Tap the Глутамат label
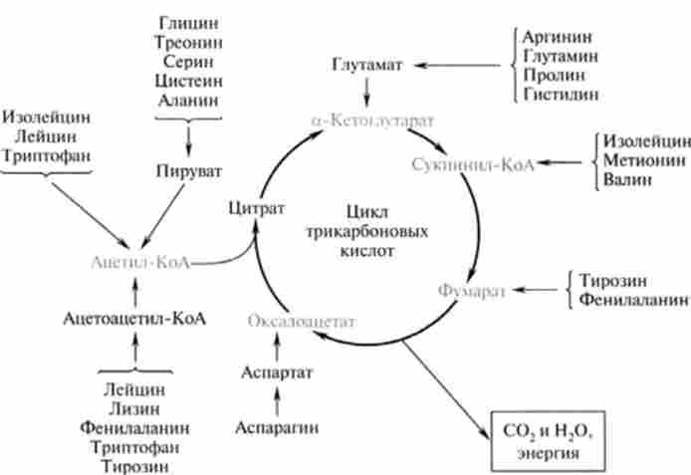(368, 66)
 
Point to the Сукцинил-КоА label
(473, 163)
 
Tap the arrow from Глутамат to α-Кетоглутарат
(368, 92)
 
